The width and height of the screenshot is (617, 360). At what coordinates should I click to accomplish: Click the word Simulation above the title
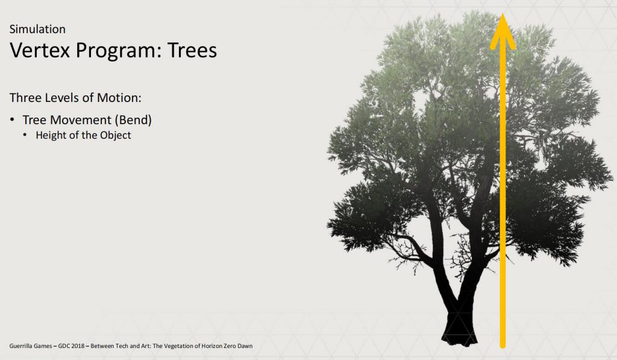click(x=37, y=29)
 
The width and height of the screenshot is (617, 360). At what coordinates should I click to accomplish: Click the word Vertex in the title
click(x=40, y=50)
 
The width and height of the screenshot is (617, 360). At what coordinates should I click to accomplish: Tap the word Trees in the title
click(x=192, y=50)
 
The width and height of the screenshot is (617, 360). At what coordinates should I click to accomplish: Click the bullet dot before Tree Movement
click(x=13, y=119)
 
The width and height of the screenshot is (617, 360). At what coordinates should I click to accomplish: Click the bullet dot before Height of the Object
click(x=25, y=135)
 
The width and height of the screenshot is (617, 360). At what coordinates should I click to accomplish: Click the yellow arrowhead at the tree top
click(x=503, y=31)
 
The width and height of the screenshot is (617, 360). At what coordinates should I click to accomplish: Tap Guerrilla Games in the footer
click(x=31, y=346)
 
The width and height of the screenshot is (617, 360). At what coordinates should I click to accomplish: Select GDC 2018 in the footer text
click(x=71, y=346)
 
